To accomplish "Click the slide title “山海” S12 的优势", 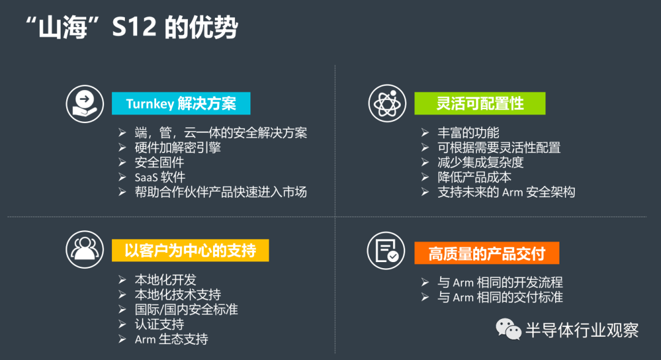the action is (132, 28).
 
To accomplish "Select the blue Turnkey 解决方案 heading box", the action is (181, 103).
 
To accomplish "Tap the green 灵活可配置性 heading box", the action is (480, 103).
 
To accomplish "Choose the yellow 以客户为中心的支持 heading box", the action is (190, 250).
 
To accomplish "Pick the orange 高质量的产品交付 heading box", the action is (487, 253).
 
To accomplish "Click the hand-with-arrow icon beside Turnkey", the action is (84, 103).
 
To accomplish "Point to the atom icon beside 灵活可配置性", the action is (387, 103).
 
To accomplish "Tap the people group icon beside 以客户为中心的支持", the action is (84, 250).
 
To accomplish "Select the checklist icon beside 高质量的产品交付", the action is (386, 251).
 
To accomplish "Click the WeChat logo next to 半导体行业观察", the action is (509, 329).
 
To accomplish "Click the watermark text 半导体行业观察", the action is (582, 330).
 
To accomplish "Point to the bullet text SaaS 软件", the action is (160, 177).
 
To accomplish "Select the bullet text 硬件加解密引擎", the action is (178, 148).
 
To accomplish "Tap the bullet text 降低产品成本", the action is (474, 177).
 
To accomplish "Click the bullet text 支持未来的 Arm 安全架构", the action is (506, 192).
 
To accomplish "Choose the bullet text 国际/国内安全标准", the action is (186, 309).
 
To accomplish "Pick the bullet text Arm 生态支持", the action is (171, 339).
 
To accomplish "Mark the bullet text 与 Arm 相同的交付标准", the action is (500, 297).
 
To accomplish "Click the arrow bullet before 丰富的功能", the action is (425, 133).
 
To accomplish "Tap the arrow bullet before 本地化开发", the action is (122, 279).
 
